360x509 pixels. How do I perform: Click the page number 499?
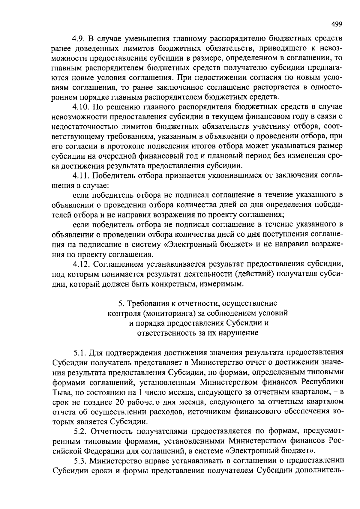coord(337,24)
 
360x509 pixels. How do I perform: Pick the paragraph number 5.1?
coord(81,352)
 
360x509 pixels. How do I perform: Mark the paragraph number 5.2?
coord(81,431)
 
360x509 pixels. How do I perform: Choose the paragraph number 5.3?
coord(81,460)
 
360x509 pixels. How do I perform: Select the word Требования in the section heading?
coord(148,303)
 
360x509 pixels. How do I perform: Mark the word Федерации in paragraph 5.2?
coord(103,451)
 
